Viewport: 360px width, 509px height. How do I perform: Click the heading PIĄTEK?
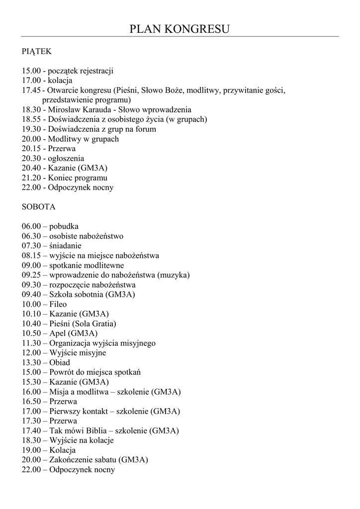point(37,51)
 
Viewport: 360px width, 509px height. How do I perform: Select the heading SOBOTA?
point(39,207)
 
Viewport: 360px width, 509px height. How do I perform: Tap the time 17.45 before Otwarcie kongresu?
point(31,90)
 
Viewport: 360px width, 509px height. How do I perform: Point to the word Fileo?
point(58,304)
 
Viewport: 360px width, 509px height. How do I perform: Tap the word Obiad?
point(60,362)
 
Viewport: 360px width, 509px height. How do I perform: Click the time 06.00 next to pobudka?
point(31,226)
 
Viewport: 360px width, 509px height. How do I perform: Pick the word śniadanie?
point(65,246)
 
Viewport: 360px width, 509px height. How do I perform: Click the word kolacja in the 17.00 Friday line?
point(60,81)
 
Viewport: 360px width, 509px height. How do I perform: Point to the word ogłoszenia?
point(66,159)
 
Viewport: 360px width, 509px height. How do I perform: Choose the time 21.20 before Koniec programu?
point(31,178)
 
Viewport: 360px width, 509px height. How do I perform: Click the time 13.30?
point(31,362)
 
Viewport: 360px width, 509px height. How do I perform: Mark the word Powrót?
point(62,372)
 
